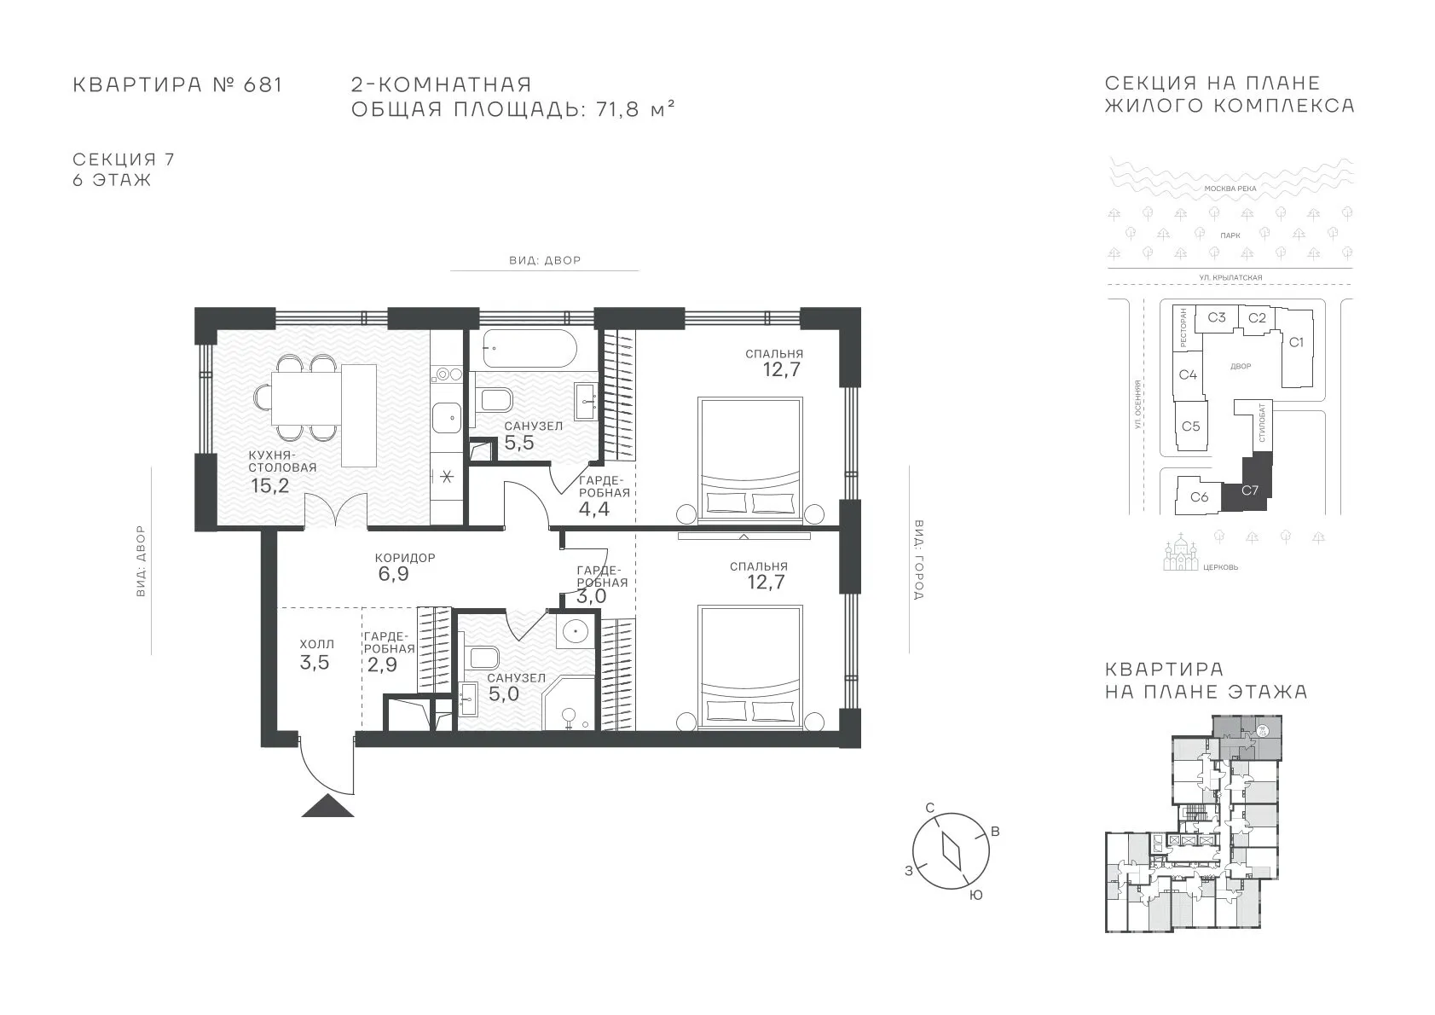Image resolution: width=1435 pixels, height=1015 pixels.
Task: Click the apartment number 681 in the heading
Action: pos(263,84)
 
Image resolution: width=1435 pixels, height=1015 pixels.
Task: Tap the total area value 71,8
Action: pos(618,109)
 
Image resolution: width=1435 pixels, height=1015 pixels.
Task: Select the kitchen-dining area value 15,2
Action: pos(269,485)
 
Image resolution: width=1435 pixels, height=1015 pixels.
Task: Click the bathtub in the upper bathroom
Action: pos(529,349)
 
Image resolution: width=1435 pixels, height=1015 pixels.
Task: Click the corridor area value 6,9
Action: pos(393,574)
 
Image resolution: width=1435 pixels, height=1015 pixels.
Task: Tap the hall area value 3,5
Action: pos(315,663)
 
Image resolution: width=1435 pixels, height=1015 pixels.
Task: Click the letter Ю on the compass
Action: pos(975,896)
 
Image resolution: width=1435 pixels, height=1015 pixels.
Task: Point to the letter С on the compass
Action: pos(930,808)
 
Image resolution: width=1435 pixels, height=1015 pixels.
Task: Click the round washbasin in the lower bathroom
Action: pos(575,632)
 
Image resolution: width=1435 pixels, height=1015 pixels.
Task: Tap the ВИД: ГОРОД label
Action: pos(918,560)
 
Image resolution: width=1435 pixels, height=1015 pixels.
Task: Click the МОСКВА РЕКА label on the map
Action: pos(1230,188)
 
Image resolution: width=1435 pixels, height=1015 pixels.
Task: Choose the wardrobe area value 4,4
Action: pos(593,509)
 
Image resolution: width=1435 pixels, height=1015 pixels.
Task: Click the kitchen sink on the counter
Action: pos(447,418)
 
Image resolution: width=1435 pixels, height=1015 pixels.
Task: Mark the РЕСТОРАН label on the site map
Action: pos(1183,328)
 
